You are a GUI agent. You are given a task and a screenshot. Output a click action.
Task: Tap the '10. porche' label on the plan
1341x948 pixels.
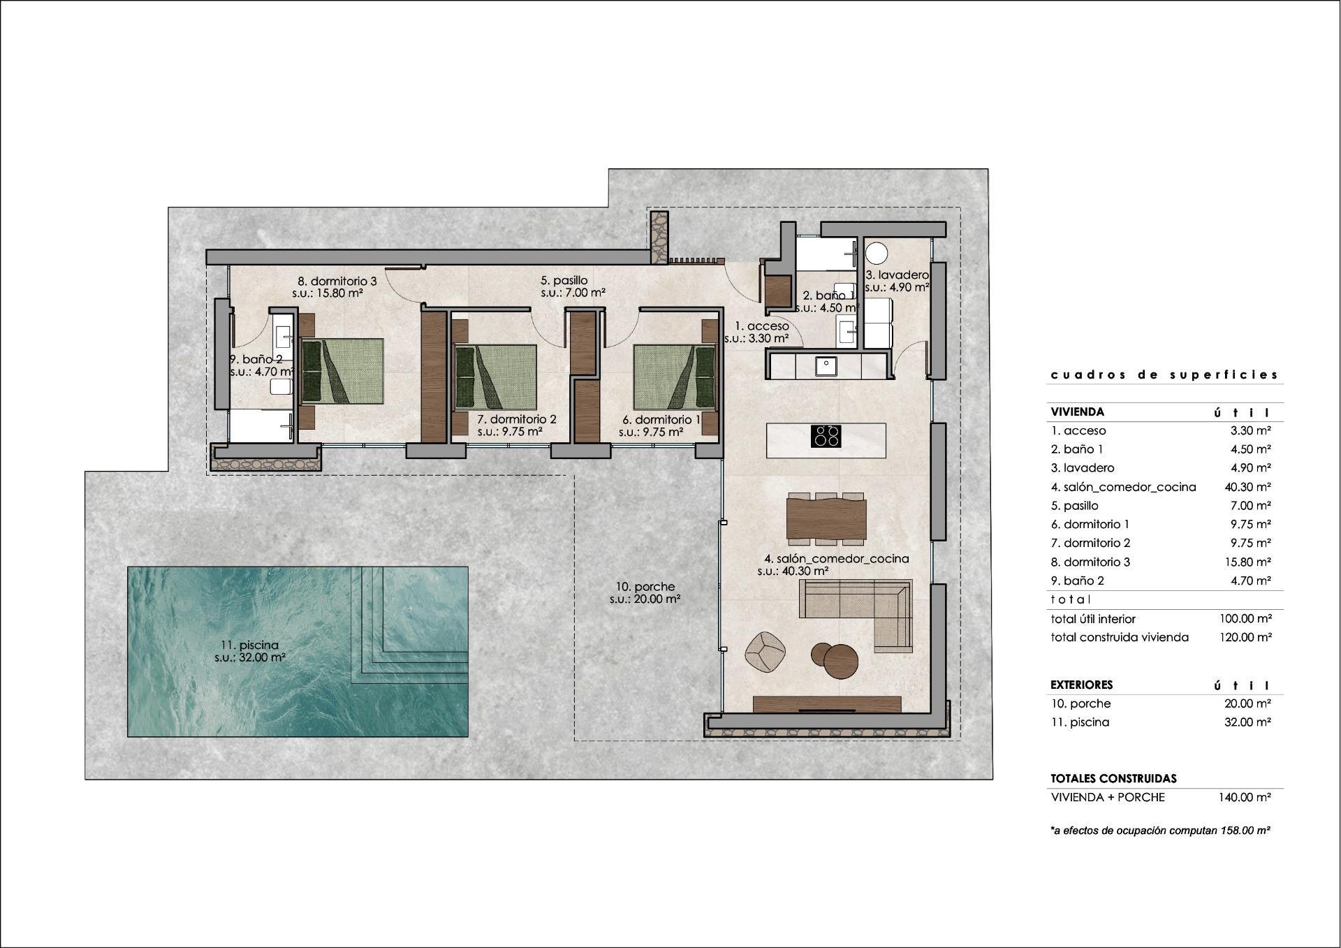point(645,586)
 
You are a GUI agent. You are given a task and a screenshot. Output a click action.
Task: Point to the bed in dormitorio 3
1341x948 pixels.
point(342,371)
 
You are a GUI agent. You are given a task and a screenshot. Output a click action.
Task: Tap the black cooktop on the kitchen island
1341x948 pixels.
point(826,436)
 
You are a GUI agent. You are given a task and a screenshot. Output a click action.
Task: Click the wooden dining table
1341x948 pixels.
point(826,518)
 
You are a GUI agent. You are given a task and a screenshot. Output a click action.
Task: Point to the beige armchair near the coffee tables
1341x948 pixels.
point(765,651)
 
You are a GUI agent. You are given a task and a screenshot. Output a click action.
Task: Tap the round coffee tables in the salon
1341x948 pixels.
point(835,659)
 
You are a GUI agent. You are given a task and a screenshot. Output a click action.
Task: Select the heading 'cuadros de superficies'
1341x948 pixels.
point(1164,375)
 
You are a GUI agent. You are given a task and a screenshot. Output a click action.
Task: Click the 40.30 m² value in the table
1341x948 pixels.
point(1247,487)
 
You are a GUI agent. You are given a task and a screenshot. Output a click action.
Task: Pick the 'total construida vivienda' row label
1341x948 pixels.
point(1119,637)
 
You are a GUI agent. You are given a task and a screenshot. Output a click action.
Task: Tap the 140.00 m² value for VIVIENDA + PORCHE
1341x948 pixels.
point(1245,797)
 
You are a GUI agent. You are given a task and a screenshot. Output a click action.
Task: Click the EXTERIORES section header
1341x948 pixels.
point(1081,685)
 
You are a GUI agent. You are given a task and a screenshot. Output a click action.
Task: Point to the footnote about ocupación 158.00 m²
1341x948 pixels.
point(1159,831)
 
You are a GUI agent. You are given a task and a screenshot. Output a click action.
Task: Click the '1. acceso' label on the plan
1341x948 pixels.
point(761,326)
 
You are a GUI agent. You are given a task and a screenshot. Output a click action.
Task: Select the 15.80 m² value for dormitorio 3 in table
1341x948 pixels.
point(1247,562)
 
